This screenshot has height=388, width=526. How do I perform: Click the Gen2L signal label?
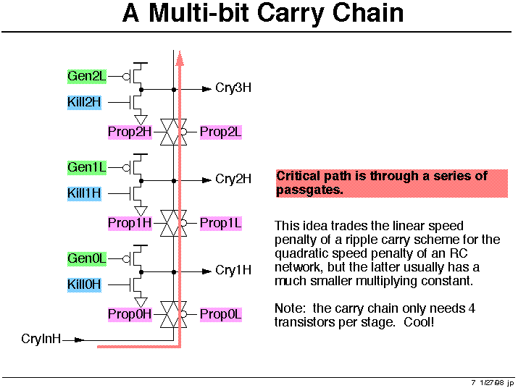(87, 76)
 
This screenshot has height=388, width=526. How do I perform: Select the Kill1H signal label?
(84, 193)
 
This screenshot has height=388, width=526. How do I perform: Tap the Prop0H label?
(130, 314)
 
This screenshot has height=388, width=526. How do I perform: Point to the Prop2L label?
(221, 132)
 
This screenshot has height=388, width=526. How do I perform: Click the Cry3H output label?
(233, 88)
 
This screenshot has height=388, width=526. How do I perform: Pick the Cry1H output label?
(233, 270)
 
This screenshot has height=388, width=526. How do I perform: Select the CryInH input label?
(41, 339)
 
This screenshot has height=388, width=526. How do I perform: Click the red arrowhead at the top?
(180, 59)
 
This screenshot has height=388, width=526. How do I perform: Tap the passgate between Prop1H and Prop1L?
(173, 223)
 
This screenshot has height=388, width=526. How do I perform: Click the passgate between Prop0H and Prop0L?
(173, 314)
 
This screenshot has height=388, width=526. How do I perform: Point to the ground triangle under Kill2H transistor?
(141, 119)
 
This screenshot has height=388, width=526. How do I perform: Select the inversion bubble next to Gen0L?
(126, 259)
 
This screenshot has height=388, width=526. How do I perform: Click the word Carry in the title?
(290, 13)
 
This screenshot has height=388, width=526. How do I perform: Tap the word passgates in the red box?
(309, 190)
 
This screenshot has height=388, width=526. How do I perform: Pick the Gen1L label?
(87, 167)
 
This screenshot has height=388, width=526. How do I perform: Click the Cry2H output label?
(233, 179)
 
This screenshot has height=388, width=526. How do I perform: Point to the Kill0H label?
(84, 284)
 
